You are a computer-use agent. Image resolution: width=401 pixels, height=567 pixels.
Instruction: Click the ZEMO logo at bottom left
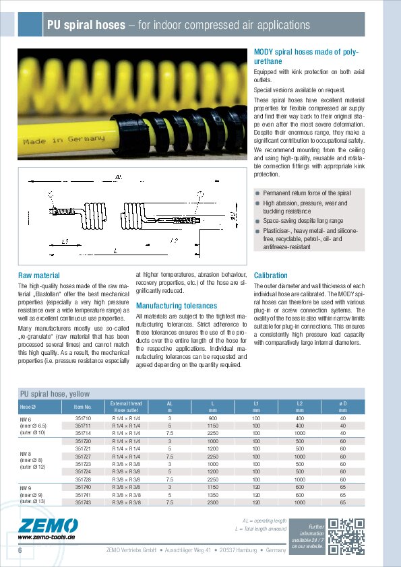[x=40, y=526]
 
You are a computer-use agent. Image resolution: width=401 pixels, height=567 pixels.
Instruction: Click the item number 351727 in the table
[x=82, y=456]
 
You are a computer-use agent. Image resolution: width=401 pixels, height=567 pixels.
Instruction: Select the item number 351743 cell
[x=82, y=502]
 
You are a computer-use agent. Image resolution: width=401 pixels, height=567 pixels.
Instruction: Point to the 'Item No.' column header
[x=73, y=407]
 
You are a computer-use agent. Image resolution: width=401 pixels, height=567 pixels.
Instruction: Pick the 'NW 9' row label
[x=26, y=486]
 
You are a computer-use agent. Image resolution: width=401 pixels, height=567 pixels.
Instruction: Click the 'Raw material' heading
[x=39, y=275]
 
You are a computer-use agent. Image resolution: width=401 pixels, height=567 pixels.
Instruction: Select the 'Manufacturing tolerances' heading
[x=176, y=305]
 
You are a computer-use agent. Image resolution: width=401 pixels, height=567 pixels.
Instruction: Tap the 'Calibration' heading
[x=271, y=275]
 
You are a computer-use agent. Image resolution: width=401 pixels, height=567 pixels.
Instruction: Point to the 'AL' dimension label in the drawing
[x=119, y=176]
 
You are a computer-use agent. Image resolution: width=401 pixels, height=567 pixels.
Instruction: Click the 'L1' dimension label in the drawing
[x=65, y=240]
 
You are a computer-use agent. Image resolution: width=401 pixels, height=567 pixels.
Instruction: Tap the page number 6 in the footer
[x=21, y=551]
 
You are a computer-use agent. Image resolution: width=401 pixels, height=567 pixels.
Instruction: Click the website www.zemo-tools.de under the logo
[x=47, y=537]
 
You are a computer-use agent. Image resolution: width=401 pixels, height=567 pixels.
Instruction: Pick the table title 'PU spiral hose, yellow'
[x=55, y=393]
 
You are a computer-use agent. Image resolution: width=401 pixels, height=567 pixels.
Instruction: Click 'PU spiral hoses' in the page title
[x=86, y=26]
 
